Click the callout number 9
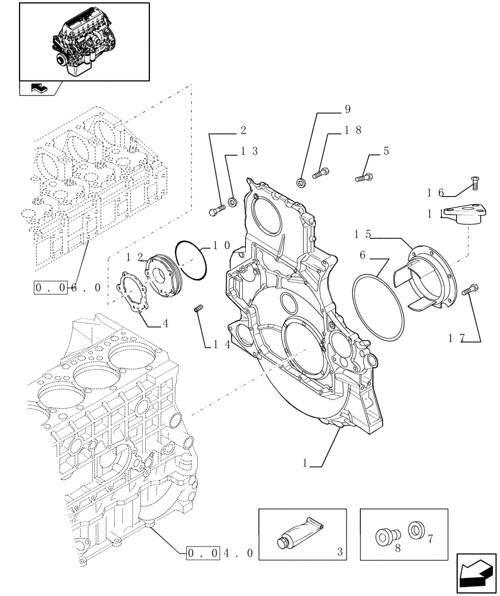point(347,109)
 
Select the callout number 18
point(354,129)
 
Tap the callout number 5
point(386,151)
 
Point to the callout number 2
point(243,129)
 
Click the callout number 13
point(249,151)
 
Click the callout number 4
point(165,324)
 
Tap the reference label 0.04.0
point(220,553)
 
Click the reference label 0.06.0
point(67,287)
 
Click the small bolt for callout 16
point(474,183)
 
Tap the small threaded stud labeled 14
point(200,308)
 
